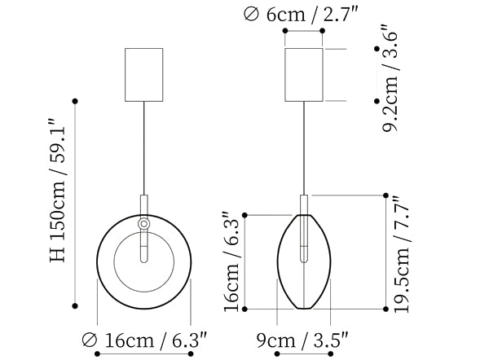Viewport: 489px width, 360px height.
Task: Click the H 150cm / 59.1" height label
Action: click(x=58, y=190)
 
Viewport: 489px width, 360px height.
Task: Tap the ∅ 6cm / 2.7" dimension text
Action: click(x=301, y=15)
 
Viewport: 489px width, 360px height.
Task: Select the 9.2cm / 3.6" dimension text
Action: click(x=390, y=77)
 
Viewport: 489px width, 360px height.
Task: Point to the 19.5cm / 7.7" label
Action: click(x=403, y=254)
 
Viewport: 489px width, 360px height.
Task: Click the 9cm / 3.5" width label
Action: click(x=302, y=340)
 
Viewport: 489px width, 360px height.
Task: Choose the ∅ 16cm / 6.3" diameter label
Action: click(x=144, y=340)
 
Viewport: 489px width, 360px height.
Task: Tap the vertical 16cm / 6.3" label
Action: click(x=231, y=261)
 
